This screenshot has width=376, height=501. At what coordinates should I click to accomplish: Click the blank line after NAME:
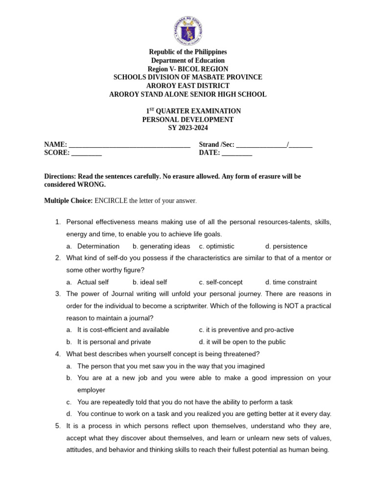tap(129, 145)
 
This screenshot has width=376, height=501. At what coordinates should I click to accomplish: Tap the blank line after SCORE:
tap(87, 153)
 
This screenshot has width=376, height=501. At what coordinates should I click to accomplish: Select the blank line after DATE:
tap(237, 153)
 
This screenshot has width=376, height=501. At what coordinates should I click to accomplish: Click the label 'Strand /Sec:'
tap(216, 144)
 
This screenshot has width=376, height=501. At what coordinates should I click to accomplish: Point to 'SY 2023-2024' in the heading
tap(188, 128)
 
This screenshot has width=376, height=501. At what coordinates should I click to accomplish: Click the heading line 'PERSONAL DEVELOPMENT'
tap(188, 119)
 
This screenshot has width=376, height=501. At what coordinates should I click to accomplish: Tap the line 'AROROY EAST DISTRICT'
tap(188, 86)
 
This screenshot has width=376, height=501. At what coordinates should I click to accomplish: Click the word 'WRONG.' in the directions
tap(91, 184)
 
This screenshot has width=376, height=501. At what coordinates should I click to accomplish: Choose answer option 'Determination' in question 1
tap(98, 246)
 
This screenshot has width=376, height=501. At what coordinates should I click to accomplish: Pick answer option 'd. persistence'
tap(286, 246)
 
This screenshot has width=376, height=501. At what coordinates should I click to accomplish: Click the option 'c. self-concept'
tap(221, 282)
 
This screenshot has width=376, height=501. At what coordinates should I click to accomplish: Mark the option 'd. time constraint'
tap(291, 282)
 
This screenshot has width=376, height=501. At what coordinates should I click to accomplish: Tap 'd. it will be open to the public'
tap(242, 342)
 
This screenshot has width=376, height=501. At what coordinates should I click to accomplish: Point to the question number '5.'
tap(58, 426)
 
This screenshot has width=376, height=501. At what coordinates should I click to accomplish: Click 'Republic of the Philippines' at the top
tap(188, 52)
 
